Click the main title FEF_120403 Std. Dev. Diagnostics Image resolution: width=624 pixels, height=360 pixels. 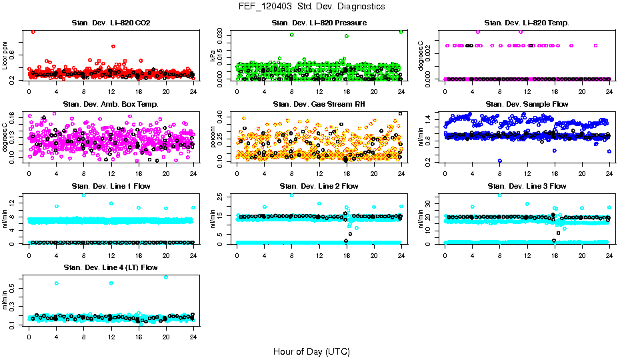311,7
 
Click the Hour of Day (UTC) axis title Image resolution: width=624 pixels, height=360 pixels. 311,351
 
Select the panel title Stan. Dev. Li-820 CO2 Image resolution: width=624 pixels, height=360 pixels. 111,23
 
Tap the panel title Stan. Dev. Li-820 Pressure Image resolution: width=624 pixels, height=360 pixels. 319,23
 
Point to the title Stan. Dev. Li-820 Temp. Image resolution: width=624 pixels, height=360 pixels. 527,23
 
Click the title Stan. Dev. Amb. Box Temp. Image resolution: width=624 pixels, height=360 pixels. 111,105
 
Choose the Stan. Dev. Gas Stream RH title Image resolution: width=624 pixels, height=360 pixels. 319,105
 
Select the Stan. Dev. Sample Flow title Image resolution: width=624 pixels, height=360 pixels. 527,105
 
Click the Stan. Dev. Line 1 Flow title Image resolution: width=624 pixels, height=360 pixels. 111,186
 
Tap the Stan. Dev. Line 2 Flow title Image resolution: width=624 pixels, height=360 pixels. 319,186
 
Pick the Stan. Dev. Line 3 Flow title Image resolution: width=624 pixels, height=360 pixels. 527,186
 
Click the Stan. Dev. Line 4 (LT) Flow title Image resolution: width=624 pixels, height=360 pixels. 111,267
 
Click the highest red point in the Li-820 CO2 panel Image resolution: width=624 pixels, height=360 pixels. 33,31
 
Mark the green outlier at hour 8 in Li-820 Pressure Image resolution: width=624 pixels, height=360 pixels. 291,35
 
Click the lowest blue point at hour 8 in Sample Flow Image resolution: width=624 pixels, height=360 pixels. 499,161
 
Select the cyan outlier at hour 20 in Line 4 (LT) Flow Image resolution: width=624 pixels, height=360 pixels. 165,277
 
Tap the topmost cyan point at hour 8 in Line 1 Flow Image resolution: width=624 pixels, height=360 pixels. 83,195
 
